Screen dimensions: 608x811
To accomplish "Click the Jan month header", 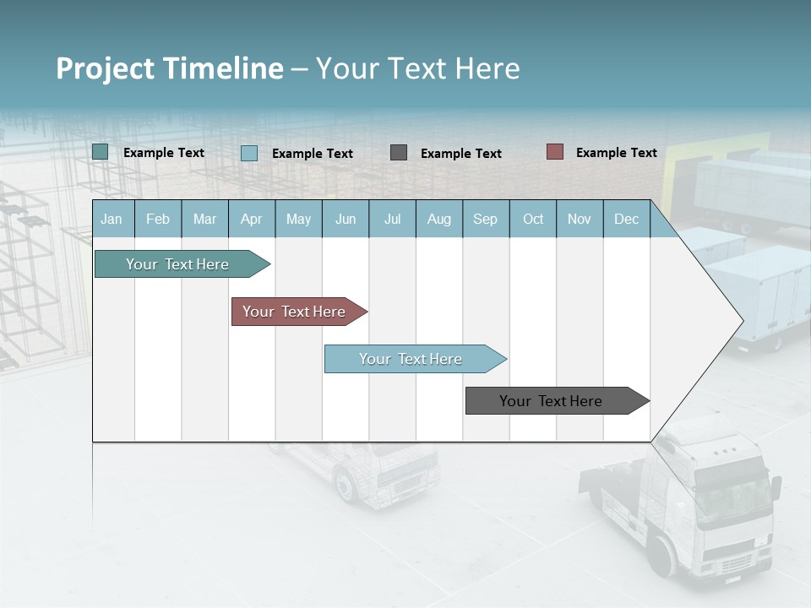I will coord(112,219).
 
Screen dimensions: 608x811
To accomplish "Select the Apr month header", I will coord(252,219).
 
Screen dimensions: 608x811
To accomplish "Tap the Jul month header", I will coord(392,219).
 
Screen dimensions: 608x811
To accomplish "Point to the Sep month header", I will coord(486,219).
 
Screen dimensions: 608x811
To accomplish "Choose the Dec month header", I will coord(626,219).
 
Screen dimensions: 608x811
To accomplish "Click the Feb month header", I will coord(158,219).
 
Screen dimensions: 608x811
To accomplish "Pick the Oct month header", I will coord(533,219).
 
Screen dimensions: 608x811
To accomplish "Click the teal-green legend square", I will coord(101,152).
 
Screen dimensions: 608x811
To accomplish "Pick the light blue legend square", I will coord(249,153).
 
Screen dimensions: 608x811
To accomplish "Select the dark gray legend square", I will coord(399,153).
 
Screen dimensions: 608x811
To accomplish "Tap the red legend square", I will coord(555,152).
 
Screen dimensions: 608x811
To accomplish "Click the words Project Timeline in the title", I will coord(170,68).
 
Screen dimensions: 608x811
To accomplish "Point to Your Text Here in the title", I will coord(418,68).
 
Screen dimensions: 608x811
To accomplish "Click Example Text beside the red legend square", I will coord(616,153).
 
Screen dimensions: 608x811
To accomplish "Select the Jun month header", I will coord(346,219).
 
